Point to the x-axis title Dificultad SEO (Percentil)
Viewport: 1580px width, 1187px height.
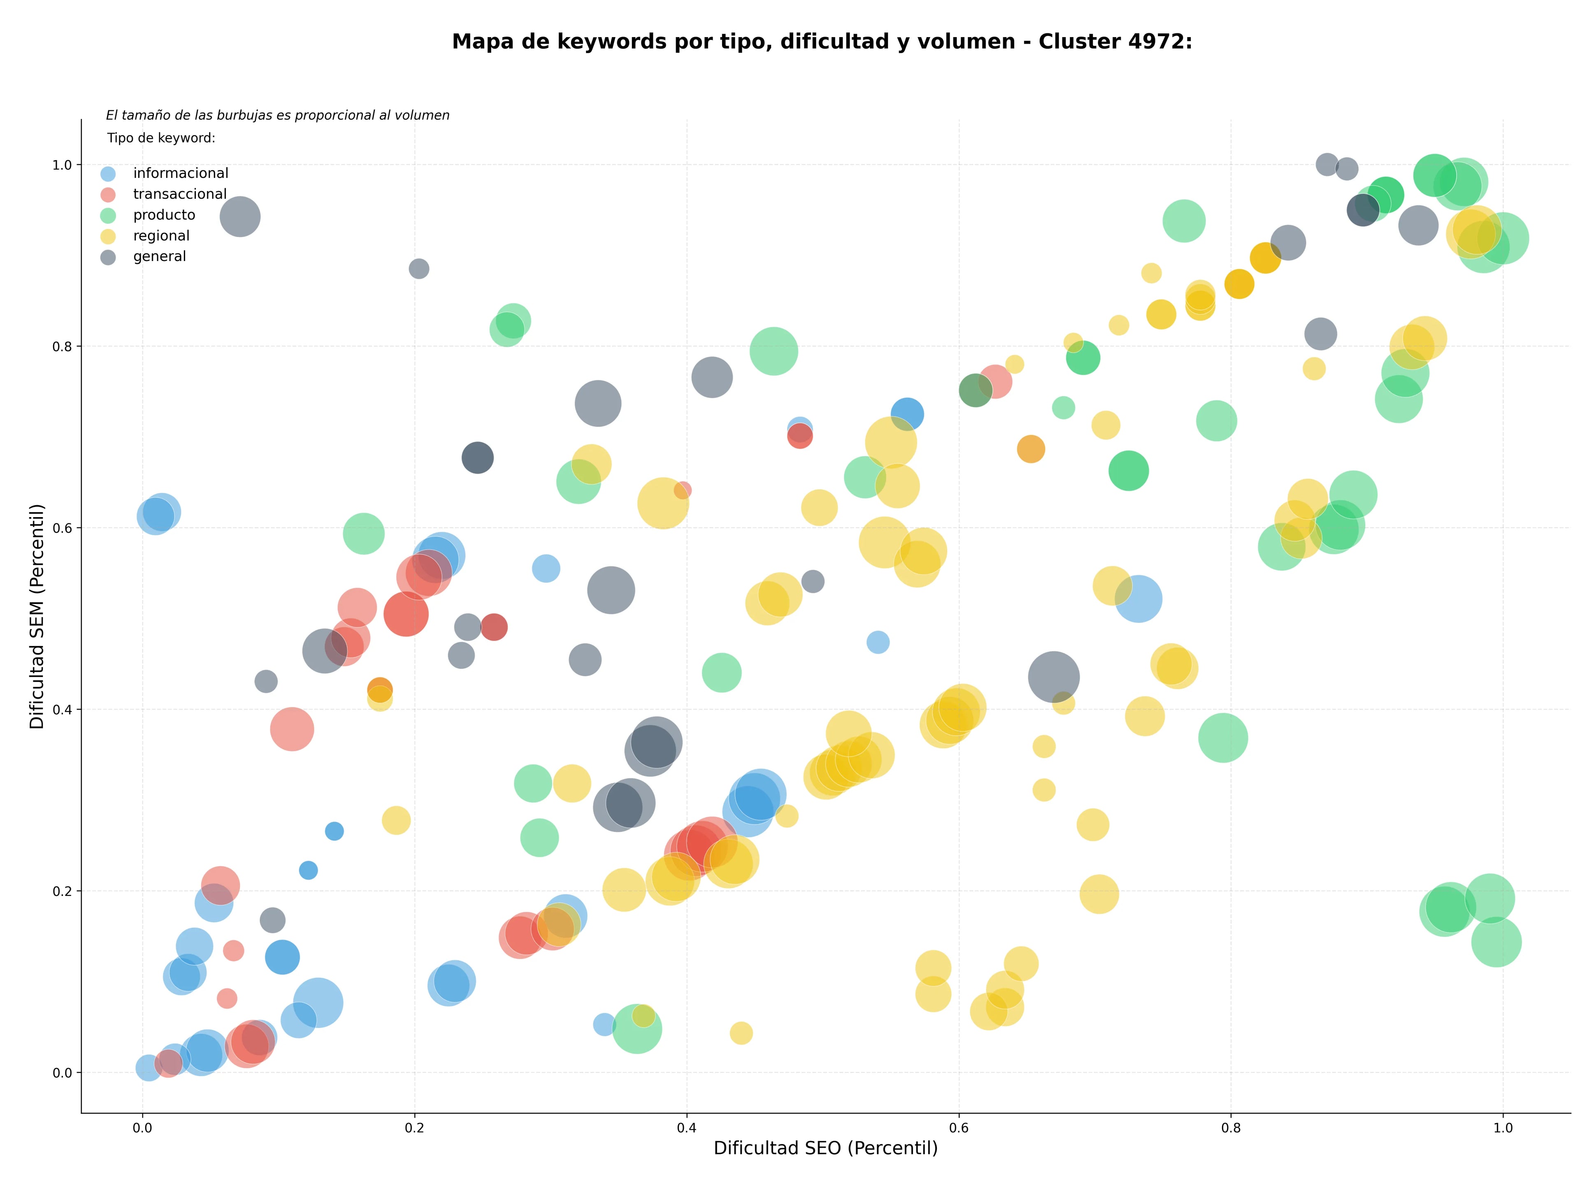tap(826, 1148)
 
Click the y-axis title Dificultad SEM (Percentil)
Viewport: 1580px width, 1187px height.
tap(37, 616)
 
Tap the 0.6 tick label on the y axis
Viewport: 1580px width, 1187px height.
tap(63, 528)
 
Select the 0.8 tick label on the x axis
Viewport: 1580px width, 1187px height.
tap(1231, 1129)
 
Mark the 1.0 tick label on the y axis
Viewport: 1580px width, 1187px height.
tap(63, 165)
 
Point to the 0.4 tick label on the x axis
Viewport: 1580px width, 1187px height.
tap(686, 1129)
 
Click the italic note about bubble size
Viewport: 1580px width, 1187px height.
tap(278, 115)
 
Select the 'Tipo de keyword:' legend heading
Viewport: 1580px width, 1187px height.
tap(161, 138)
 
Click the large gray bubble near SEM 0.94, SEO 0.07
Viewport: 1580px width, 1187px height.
tap(240, 217)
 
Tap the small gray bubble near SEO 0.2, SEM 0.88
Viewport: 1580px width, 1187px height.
tap(419, 269)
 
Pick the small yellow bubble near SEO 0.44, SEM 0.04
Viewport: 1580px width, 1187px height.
tap(741, 1033)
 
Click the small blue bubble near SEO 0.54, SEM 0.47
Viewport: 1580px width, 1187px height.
tap(878, 642)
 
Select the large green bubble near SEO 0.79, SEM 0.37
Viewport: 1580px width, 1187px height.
tap(1223, 737)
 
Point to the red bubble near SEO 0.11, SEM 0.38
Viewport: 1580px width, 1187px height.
tap(291, 729)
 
